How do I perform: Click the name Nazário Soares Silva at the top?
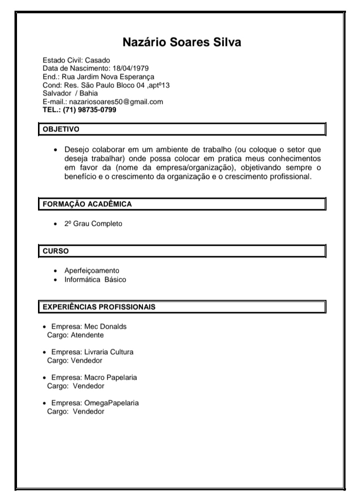182,42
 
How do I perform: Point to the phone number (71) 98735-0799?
89,109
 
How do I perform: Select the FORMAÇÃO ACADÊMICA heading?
87,204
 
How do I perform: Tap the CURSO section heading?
55,251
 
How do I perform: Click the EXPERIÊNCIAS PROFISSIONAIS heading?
98,307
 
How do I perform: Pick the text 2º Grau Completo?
93,224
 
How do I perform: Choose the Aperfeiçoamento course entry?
92,271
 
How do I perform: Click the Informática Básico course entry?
95,280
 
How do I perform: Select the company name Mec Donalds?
105,327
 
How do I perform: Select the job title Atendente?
87,335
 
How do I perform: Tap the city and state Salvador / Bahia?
70,93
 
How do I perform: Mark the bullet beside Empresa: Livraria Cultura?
45,352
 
